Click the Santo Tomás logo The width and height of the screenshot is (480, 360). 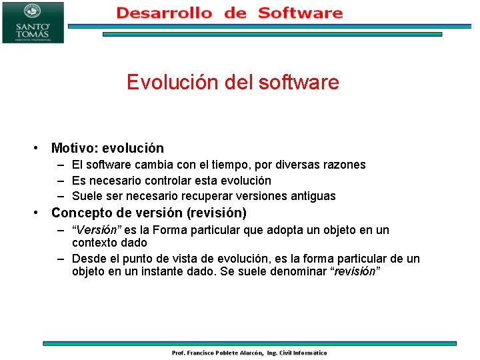[x=33, y=23]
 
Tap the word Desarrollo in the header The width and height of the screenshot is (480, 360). [x=165, y=13]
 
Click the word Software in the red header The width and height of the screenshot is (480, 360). [x=300, y=13]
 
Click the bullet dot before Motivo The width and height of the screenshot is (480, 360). [x=36, y=148]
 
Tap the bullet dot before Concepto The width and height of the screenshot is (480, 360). [x=36, y=213]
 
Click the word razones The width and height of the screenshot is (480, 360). [x=346, y=165]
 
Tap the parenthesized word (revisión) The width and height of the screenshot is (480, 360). [x=217, y=213]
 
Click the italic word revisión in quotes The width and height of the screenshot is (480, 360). [x=355, y=271]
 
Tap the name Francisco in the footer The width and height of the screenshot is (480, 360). [x=201, y=353]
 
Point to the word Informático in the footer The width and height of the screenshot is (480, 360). [x=310, y=353]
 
